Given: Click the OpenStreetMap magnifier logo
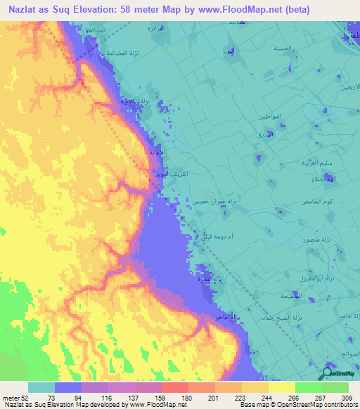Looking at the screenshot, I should click(327, 374).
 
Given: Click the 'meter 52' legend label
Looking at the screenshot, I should click(15, 398).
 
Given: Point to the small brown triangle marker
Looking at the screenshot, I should click(280, 210).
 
